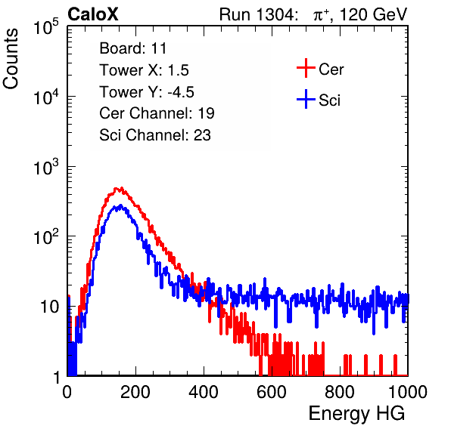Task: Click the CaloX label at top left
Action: pos(93,14)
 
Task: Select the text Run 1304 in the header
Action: pos(257,14)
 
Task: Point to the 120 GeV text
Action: pos(374,14)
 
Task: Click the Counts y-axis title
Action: pos(11,59)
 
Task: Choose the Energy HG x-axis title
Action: pos(357,414)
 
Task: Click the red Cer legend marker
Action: pos(306,68)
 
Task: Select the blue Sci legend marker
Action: pos(306,99)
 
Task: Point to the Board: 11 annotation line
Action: pos(133,48)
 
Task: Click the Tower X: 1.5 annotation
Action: pos(144,70)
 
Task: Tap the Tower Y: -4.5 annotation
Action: pos(147,92)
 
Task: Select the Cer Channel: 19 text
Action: pos(157,113)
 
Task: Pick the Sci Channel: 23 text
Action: pos(155,135)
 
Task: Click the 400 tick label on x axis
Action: pos(204,392)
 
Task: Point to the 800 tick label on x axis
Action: pos(340,392)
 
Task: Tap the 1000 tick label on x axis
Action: pos(408,392)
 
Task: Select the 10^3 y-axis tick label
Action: pos(46,167)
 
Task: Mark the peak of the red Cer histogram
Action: pos(121,188)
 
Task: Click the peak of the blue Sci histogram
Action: pos(120,205)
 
